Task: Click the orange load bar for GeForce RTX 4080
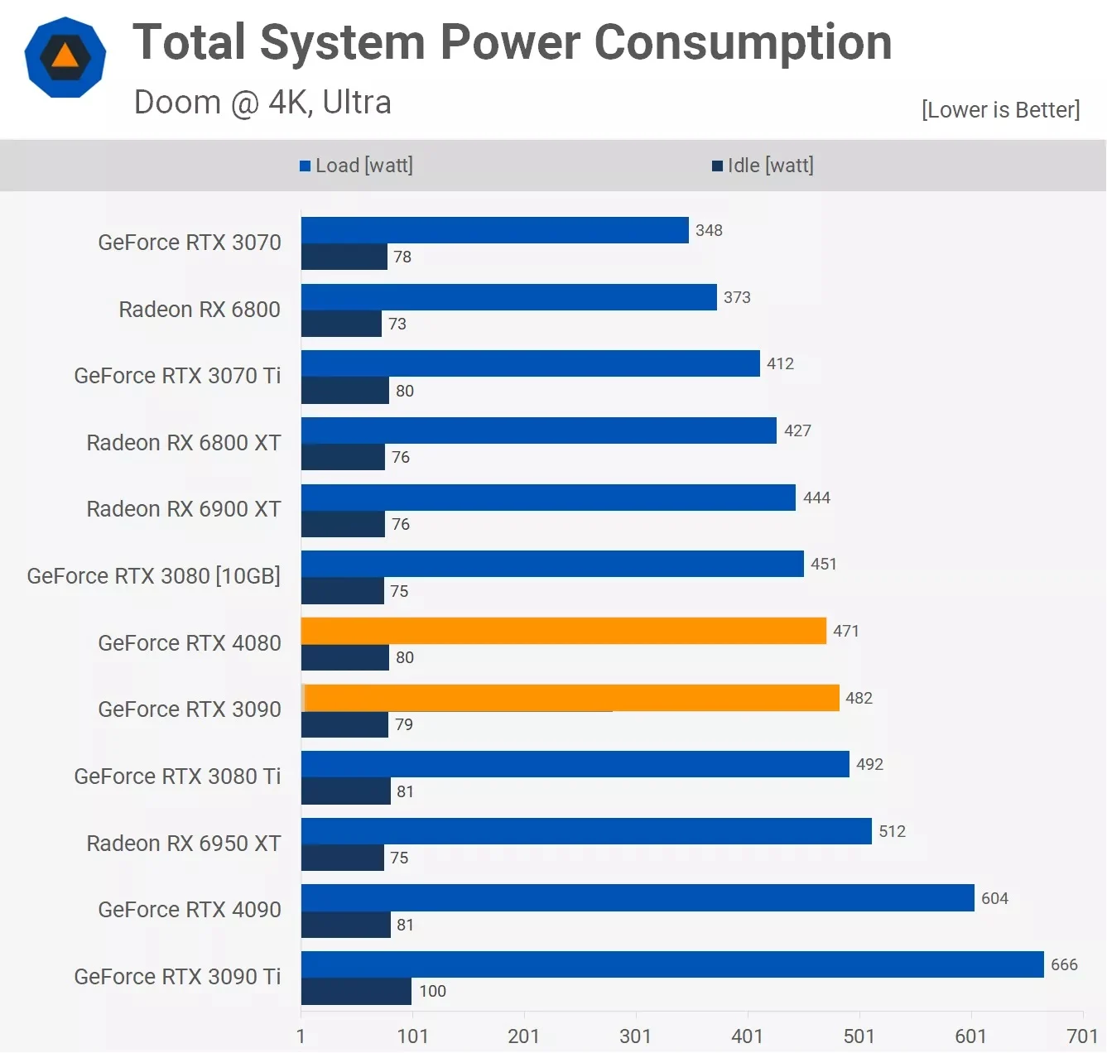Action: [x=563, y=631]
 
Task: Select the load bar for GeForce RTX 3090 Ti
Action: [x=672, y=964]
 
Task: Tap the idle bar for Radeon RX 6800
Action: [x=341, y=324]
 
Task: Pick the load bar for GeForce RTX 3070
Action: [x=494, y=230]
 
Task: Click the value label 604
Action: [x=994, y=898]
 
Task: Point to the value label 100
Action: [x=432, y=991]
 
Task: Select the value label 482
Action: [x=859, y=698]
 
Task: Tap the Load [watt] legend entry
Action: [x=357, y=166]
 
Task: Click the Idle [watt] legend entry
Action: [x=763, y=166]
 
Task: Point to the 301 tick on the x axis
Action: [x=635, y=1036]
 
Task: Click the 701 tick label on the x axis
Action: [x=1082, y=1036]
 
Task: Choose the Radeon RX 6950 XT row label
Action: [x=184, y=844]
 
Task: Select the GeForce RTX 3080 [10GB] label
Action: [x=154, y=576]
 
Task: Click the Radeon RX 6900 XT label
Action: [x=184, y=509]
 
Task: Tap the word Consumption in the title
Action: [x=743, y=42]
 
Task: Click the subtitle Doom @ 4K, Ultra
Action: [x=262, y=103]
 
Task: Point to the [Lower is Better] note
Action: [x=1000, y=110]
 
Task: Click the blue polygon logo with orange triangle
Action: [x=65, y=57]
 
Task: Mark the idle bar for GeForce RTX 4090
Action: [x=345, y=925]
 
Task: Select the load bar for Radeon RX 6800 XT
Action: [x=538, y=430]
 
